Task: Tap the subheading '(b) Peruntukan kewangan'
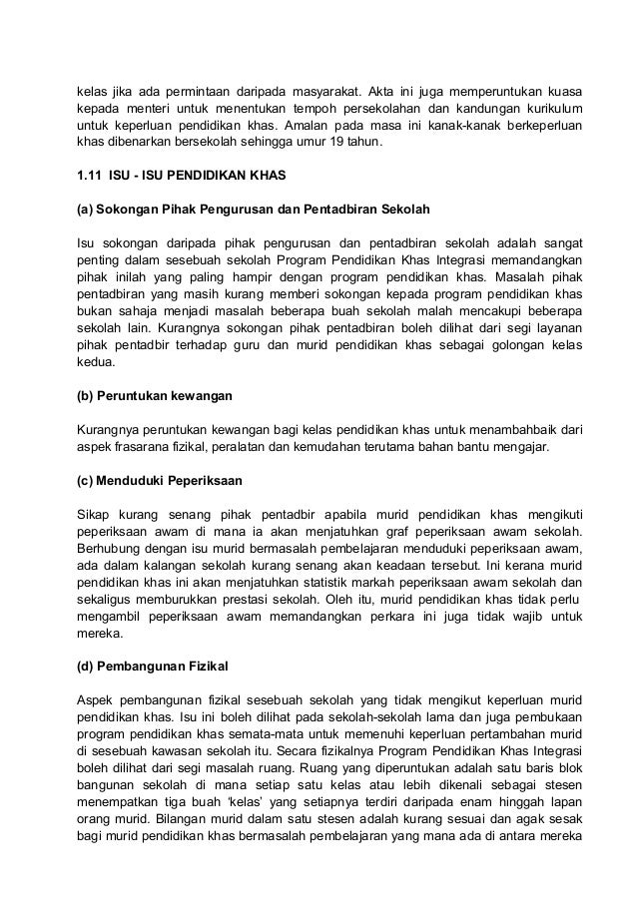pyautogui.click(x=155, y=396)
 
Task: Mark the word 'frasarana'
pyautogui.click(x=145, y=447)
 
